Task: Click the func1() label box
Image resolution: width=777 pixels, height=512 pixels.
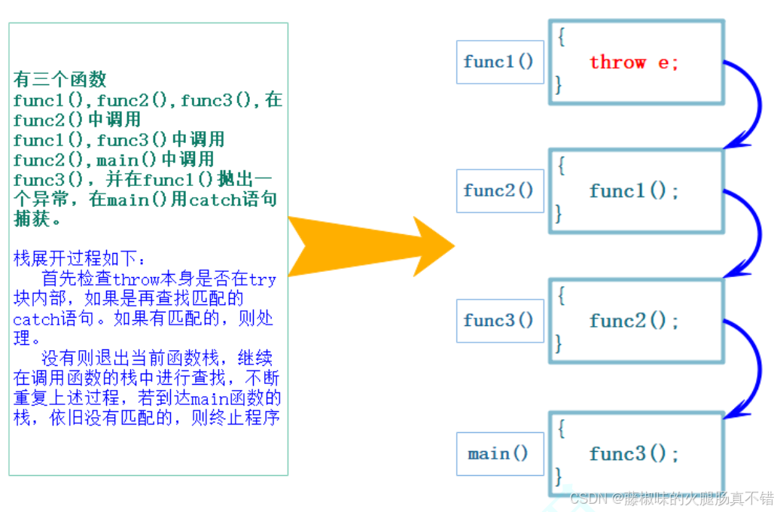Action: pos(500,62)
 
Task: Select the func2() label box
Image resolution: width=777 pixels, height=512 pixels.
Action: pos(500,190)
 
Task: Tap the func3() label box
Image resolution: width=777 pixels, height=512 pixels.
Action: pos(500,321)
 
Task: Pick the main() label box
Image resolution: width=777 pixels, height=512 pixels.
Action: pos(500,453)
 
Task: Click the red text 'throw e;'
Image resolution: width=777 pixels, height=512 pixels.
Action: pos(633,62)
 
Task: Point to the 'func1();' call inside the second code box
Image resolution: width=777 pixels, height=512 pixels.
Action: pos(633,190)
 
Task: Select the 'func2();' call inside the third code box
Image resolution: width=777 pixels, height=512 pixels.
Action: pos(633,321)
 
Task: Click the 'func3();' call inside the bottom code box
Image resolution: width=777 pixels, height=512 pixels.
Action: pos(633,453)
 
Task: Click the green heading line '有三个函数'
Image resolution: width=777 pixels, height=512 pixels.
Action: pos(60,79)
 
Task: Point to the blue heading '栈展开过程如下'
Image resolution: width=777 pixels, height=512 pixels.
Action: pos(75,258)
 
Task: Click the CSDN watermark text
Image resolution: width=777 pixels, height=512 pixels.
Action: pos(672,498)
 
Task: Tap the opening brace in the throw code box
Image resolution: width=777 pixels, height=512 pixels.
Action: pos(561,37)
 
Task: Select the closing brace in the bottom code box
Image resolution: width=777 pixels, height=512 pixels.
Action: pos(559,477)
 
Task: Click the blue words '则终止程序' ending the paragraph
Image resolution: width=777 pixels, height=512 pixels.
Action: pos(236,418)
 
